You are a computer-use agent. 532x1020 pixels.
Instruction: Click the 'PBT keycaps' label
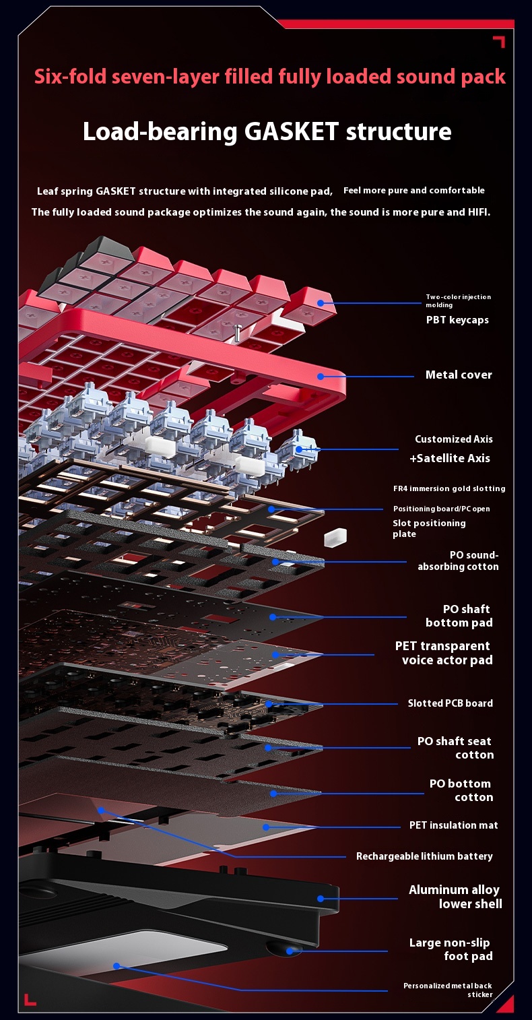[457, 320]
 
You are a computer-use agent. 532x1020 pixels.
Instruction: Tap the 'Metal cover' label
[459, 375]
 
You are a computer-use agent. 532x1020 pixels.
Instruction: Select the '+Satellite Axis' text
[450, 459]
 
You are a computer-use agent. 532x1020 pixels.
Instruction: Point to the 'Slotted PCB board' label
[450, 703]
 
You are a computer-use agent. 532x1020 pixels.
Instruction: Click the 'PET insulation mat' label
[453, 825]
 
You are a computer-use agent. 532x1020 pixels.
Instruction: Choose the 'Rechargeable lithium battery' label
[424, 856]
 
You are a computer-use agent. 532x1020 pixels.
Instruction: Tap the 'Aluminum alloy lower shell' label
[455, 897]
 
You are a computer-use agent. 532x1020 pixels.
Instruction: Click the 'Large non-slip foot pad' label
[451, 949]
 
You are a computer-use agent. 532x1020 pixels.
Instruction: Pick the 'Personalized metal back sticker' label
[448, 990]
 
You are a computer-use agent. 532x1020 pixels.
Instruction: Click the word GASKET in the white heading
[291, 131]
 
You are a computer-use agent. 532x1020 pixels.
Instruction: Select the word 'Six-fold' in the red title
[71, 77]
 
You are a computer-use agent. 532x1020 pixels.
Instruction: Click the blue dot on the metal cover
[321, 377]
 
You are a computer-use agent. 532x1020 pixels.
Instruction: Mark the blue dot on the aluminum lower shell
[321, 898]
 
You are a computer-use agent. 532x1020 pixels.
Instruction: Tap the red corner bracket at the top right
[498, 42]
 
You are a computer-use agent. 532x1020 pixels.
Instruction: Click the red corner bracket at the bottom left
[30, 1000]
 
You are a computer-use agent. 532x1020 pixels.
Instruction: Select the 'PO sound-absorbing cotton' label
[458, 561]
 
